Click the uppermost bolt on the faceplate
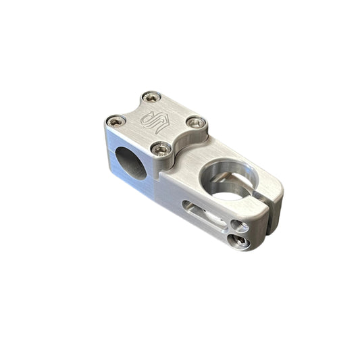[x=153, y=97]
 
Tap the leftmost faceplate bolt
[x=115, y=122]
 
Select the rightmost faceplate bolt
[x=197, y=123]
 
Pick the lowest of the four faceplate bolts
[x=160, y=149]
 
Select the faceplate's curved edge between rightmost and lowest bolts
[x=182, y=140]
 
